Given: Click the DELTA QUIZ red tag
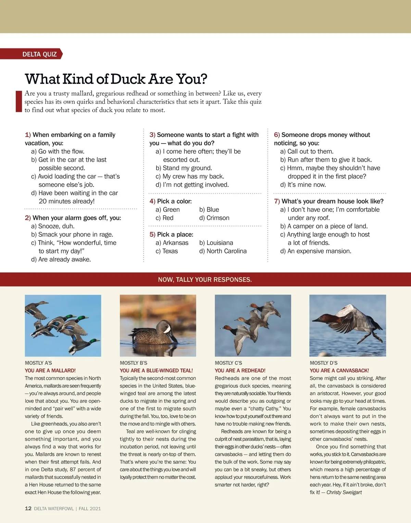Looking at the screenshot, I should click(x=39, y=54).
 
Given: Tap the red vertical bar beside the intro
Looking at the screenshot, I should click(x=19, y=101).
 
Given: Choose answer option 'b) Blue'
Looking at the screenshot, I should click(x=209, y=210).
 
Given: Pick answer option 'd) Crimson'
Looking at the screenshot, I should click(x=214, y=218).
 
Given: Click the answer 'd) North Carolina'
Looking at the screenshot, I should click(x=223, y=251).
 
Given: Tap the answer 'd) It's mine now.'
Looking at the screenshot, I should click(x=303, y=185).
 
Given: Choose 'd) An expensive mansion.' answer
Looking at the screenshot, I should click(x=315, y=251).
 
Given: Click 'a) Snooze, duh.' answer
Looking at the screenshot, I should click(x=53, y=226).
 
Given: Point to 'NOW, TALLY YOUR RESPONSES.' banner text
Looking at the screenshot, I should click(x=205, y=279).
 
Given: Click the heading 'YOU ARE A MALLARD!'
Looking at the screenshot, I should click(x=50, y=371).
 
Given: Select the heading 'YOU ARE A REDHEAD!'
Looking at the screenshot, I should click(x=240, y=371).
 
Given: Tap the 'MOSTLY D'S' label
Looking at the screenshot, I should click(x=324, y=363).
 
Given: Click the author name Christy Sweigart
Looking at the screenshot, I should click(x=344, y=492).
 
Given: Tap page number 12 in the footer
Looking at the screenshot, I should click(x=28, y=508).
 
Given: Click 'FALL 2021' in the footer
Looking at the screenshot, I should click(x=90, y=509).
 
